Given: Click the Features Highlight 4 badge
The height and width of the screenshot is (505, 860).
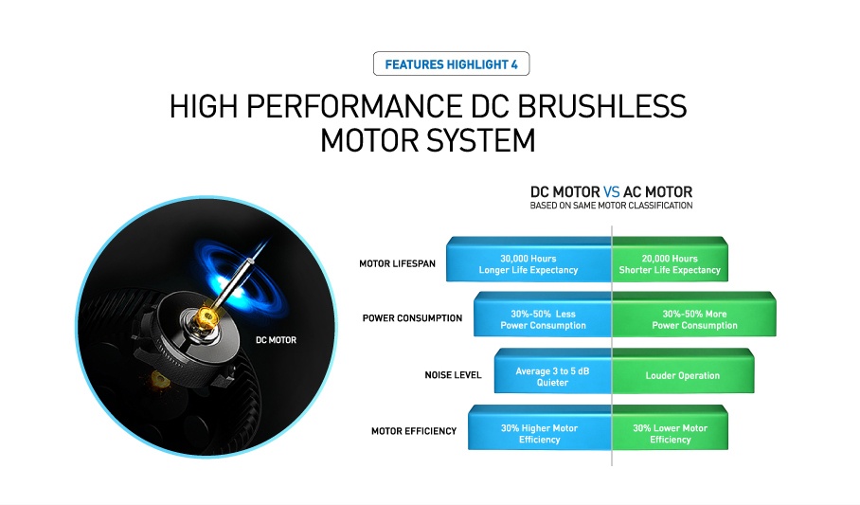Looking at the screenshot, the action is [452, 63].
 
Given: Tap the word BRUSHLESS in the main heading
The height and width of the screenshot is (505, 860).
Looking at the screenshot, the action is [601, 106].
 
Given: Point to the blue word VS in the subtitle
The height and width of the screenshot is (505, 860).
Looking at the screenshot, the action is [611, 192].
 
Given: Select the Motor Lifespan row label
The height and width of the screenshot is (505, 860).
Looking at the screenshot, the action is [397, 263].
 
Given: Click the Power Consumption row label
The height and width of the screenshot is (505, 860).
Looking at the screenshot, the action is [412, 317].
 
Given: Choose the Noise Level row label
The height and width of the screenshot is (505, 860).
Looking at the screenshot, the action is [453, 375].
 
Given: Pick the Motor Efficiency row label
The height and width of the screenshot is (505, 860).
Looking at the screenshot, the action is [414, 431].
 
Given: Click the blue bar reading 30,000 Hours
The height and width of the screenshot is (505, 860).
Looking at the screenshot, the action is [529, 259].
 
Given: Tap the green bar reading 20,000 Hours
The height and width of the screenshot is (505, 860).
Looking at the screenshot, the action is [670, 259].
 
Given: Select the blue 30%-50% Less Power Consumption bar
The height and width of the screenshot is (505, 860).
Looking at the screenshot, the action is [543, 314].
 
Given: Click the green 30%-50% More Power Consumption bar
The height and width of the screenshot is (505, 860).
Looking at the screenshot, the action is [694, 314].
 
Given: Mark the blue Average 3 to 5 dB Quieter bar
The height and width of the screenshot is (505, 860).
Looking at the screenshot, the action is [553, 370].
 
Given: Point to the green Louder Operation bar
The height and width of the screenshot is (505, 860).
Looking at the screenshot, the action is [683, 370].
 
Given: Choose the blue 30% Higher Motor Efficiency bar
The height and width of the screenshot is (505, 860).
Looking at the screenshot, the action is [540, 427].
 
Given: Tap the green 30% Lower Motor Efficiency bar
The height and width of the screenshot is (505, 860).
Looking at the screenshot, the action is [670, 427].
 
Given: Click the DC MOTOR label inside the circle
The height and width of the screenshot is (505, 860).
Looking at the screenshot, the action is [276, 340].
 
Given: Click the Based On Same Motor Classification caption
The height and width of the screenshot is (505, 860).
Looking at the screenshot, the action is [611, 206].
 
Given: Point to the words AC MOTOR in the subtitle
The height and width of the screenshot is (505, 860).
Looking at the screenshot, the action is [657, 192].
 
